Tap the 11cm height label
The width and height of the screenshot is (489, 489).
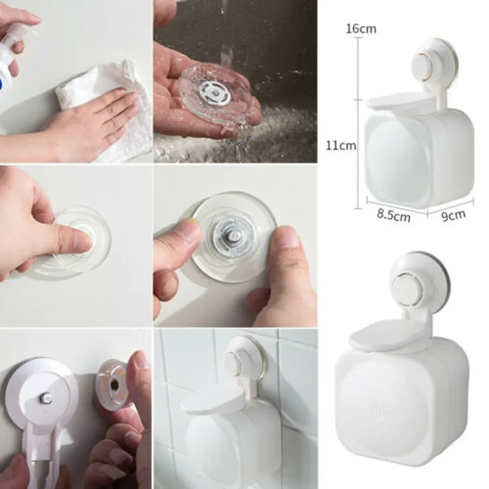[341, 145]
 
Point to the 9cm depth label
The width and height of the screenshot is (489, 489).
[453, 215]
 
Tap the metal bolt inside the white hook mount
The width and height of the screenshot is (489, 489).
[46, 398]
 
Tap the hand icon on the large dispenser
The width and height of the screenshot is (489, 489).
[378, 410]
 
